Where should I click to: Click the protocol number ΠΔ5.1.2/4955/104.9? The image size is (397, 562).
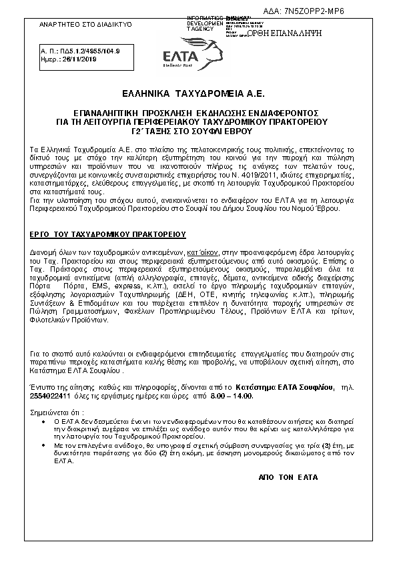(81, 50)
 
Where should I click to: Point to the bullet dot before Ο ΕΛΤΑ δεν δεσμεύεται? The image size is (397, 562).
(44, 422)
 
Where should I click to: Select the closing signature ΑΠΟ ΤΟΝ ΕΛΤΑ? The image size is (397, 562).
(288, 478)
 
